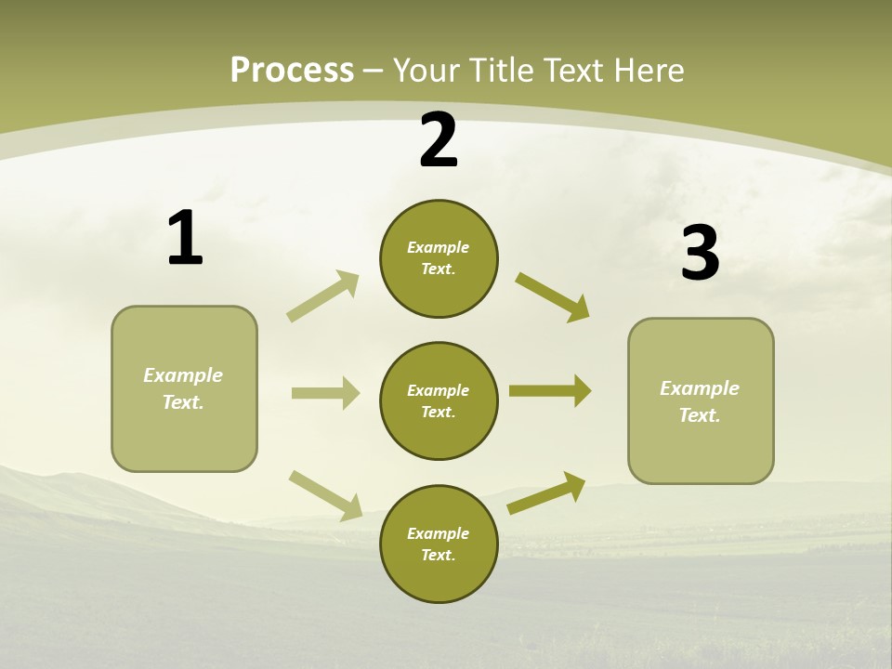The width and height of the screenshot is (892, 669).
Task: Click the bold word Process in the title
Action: [x=292, y=71]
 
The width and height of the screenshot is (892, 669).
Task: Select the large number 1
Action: [x=185, y=239]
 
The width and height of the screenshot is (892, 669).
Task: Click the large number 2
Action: [x=439, y=141]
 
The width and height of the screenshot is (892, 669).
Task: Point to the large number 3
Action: [x=700, y=254]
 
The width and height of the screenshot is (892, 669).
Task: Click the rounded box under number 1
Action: [x=184, y=388]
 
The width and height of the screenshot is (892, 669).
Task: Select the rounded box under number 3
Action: [x=701, y=401]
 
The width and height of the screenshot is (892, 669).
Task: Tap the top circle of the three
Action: [x=439, y=258]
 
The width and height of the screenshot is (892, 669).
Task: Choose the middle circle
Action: [x=439, y=401]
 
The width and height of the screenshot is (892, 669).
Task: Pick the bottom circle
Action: [x=439, y=544]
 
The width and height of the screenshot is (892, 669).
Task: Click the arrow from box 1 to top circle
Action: [x=323, y=296]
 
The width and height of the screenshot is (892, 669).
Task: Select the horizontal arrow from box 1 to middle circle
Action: [x=325, y=393]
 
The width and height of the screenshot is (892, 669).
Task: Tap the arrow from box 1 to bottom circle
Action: [x=325, y=495]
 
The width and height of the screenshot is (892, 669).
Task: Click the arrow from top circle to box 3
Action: [x=552, y=297]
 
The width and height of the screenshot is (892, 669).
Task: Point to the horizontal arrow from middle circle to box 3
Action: [x=550, y=391]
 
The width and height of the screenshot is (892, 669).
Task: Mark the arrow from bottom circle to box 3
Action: [x=546, y=492]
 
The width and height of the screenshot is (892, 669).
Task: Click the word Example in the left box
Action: [x=183, y=375]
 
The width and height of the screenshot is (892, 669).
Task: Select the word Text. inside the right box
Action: [x=700, y=415]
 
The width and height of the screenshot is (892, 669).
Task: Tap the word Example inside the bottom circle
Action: [x=438, y=533]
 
